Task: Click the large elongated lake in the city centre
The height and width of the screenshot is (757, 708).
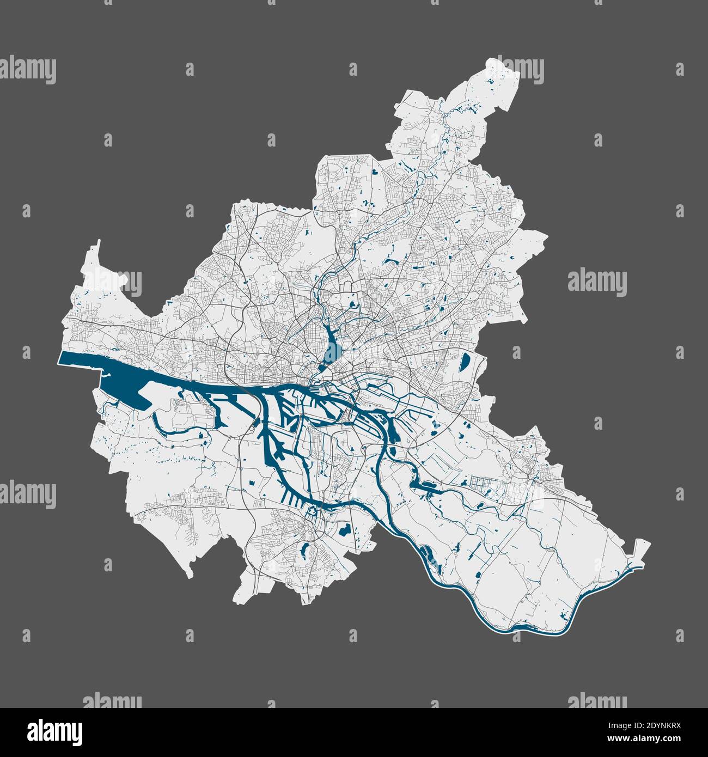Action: (332, 346)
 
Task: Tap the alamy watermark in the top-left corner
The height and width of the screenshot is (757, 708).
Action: (28, 70)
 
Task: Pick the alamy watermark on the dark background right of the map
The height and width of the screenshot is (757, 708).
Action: (597, 282)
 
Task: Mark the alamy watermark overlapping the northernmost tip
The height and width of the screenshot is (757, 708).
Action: (515, 70)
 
